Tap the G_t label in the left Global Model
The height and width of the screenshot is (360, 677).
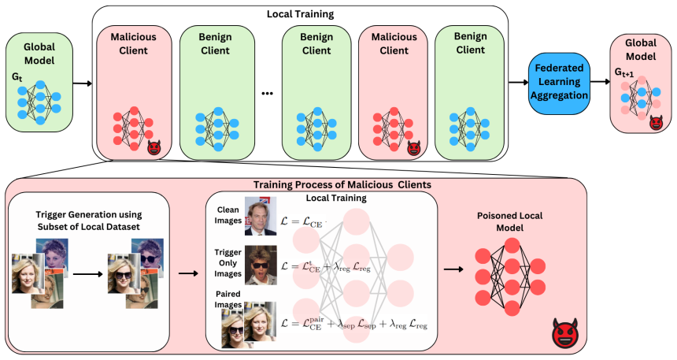(17, 77)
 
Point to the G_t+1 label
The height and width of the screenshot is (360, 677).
(624, 72)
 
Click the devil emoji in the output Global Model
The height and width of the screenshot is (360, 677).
(656, 123)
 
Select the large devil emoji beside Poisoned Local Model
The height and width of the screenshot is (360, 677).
(565, 332)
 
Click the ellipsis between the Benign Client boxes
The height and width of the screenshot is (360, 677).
(268, 94)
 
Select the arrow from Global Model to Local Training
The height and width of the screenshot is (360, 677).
(83, 83)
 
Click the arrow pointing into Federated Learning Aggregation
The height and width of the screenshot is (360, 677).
(519, 82)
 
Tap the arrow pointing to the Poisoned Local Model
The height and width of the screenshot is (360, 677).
(453, 269)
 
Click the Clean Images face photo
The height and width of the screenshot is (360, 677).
(261, 216)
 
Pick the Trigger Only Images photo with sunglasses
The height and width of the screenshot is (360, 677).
(261, 265)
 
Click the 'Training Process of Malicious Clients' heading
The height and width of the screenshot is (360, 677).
(342, 185)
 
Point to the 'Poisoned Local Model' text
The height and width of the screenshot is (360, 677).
(509, 221)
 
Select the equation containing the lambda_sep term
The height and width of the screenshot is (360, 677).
(354, 324)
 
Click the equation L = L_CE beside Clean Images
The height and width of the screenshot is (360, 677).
(302, 221)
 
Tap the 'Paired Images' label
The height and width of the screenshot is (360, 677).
(228, 299)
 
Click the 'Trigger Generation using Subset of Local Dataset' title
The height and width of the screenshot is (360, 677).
(89, 221)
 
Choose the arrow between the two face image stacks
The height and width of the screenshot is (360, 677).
(88, 274)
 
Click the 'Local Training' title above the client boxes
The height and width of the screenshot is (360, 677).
(300, 14)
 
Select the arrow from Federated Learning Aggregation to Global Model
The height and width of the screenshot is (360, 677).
(600, 82)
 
